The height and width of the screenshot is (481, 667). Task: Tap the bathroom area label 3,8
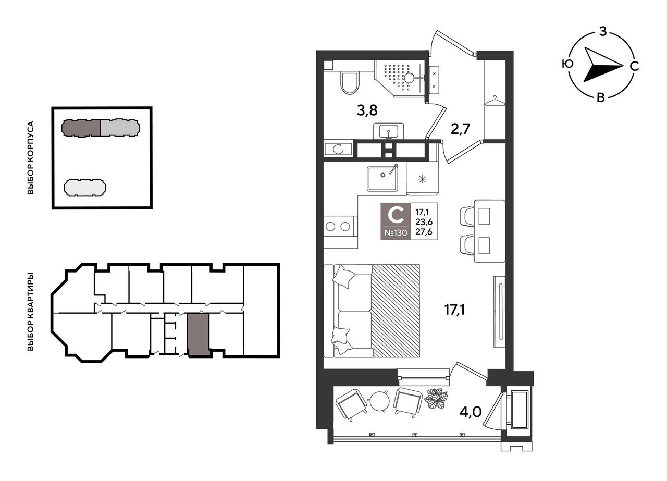coord(367,110)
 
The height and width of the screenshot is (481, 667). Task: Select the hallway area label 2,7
coord(460,129)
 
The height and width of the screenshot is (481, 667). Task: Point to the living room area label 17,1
coord(455,310)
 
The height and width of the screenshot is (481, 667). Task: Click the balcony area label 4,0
coord(471,412)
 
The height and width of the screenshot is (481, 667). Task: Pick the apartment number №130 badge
coord(396,232)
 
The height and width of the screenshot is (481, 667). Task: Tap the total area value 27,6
coord(424,232)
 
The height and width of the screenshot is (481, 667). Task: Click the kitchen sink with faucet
coord(382,178)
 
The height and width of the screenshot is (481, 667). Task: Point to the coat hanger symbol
coord(495,101)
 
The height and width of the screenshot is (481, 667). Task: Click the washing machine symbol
coord(338,149)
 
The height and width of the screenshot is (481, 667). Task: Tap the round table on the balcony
coord(380,401)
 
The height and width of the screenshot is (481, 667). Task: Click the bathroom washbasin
coord(389,131)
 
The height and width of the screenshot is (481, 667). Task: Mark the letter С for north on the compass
coord(635,66)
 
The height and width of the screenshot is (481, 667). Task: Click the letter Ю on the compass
coord(568,64)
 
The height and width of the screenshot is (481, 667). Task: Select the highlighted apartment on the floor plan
coord(199,335)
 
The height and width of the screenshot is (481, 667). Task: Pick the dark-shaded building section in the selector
coord(81,128)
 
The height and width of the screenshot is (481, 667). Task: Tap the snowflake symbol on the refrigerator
coord(422,179)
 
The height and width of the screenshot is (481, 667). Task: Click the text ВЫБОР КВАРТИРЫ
coord(30,312)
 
